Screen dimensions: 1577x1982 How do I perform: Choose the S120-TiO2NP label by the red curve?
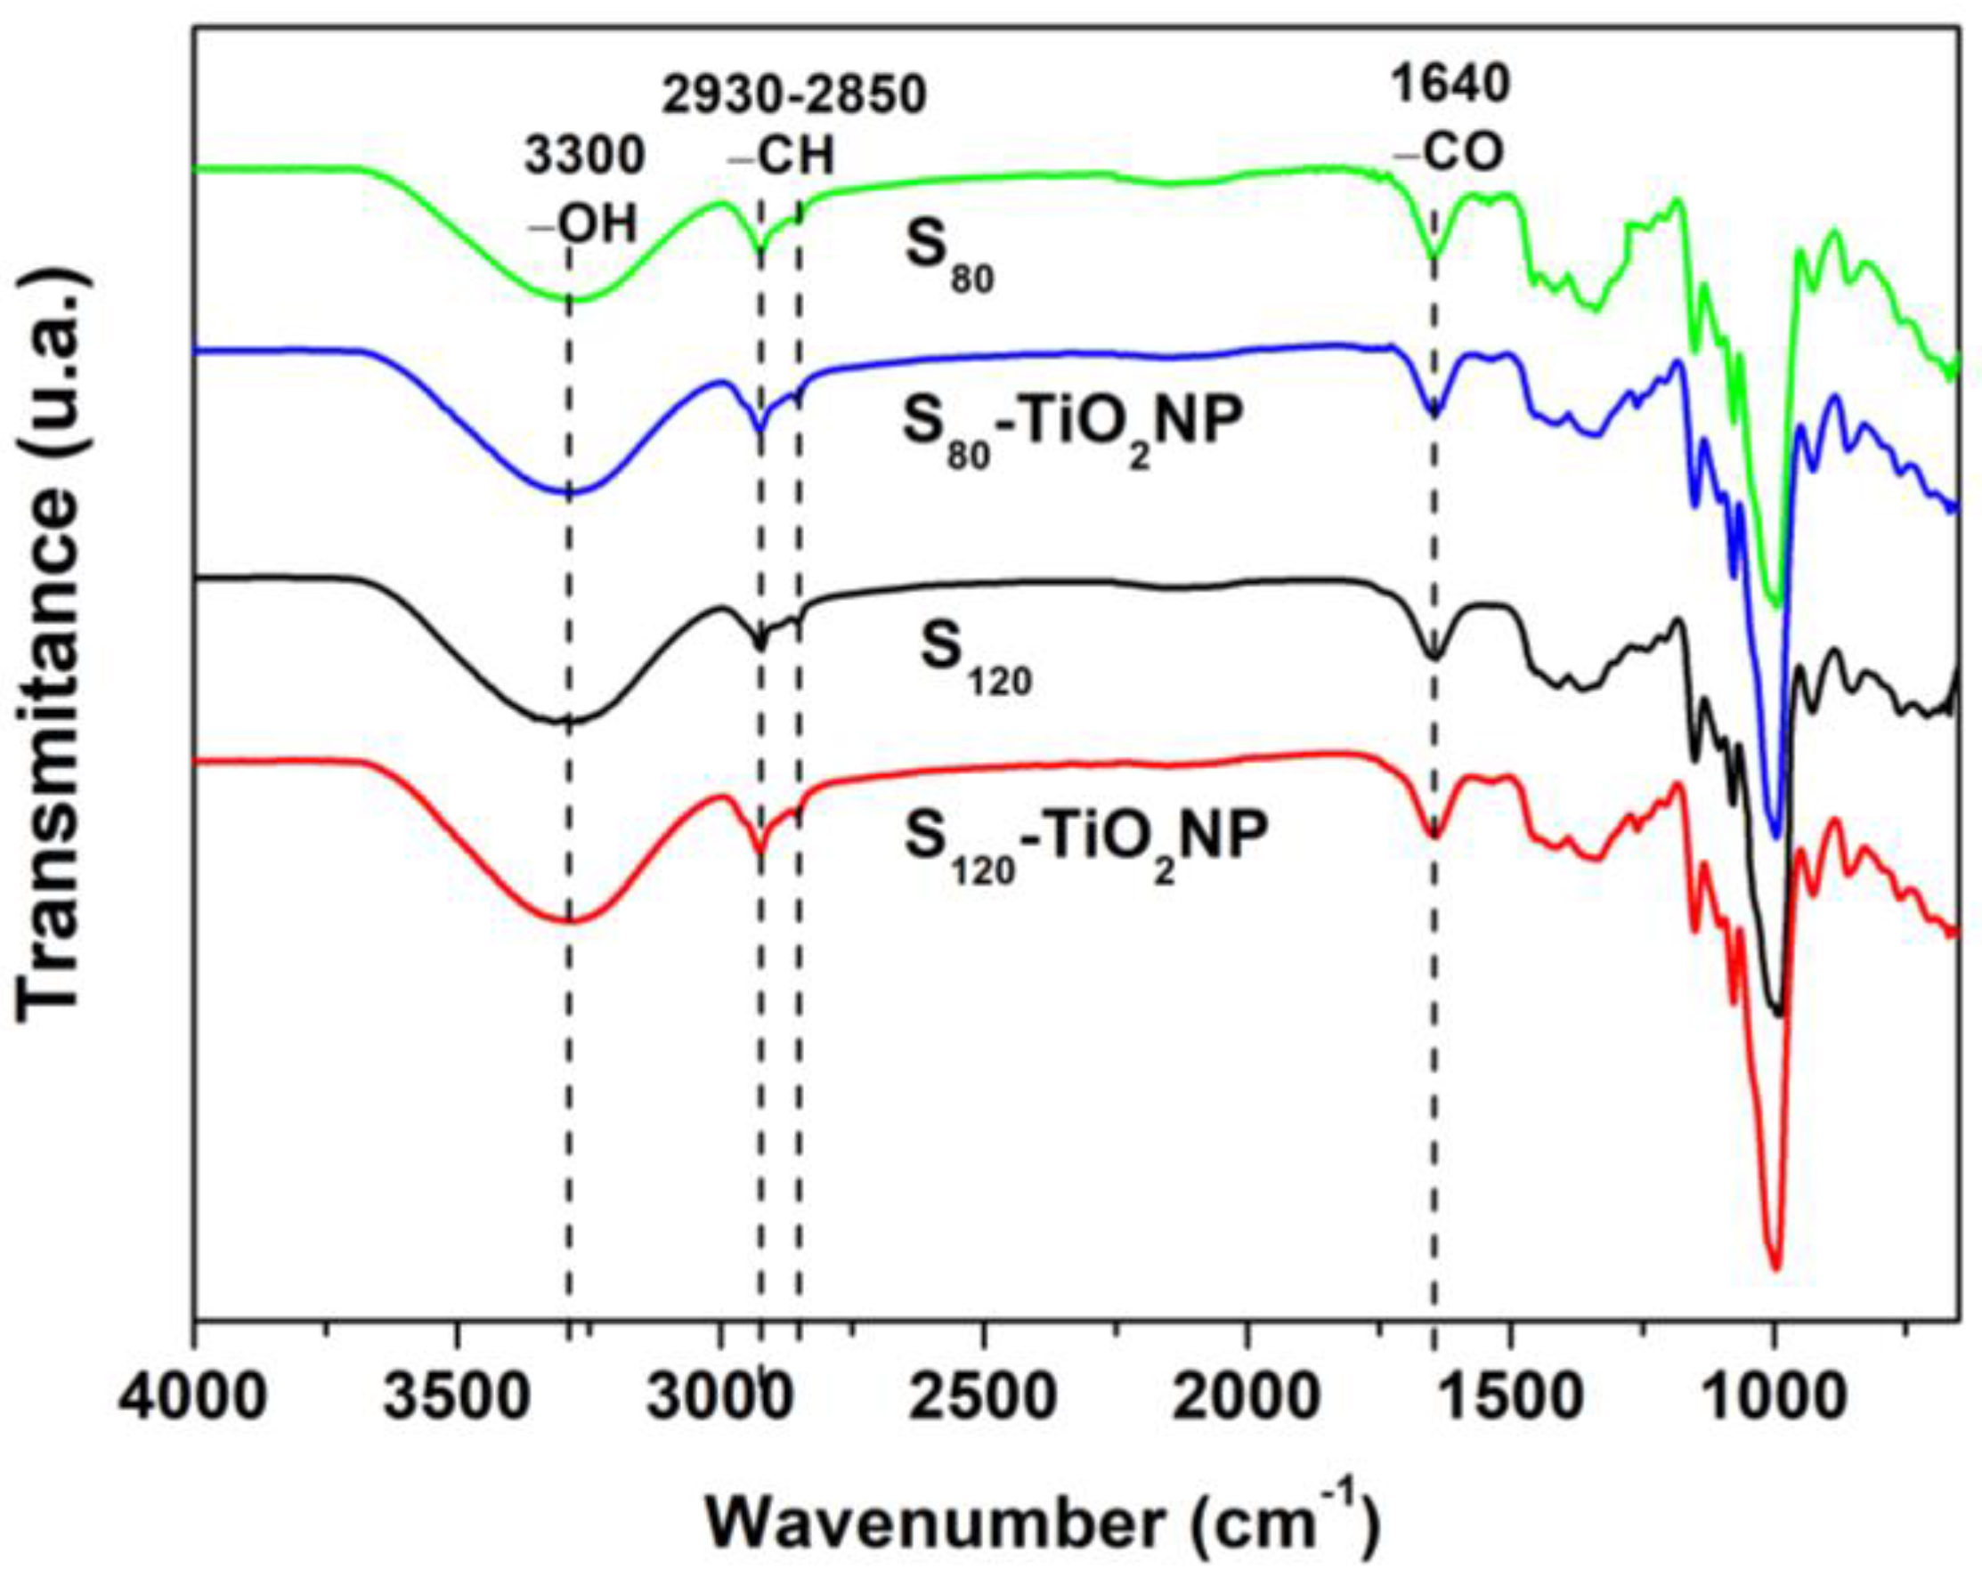(x=1084, y=839)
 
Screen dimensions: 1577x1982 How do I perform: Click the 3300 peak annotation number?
(x=585, y=157)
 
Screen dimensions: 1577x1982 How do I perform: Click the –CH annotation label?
(x=782, y=157)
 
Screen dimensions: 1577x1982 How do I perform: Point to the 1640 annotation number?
(x=1450, y=85)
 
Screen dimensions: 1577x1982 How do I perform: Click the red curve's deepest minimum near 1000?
(x=1775, y=1269)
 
